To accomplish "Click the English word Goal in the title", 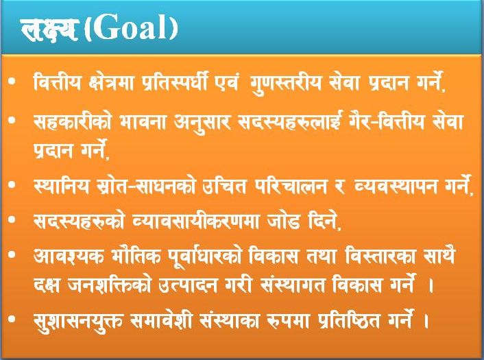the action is [x=132, y=28].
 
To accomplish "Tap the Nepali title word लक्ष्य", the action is [x=49, y=29].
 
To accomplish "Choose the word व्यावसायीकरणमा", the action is [x=195, y=220].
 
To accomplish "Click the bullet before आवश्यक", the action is [x=12, y=254].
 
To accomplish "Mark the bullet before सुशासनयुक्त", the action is [x=12, y=319].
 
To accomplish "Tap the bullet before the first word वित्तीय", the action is [x=12, y=82].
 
